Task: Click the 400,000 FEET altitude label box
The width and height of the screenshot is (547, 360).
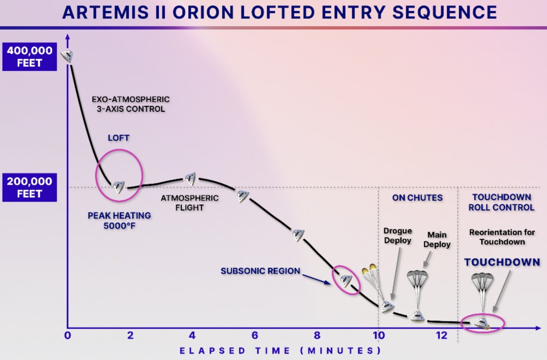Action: pos(30,56)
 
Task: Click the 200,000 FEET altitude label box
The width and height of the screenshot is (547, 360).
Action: pos(30,187)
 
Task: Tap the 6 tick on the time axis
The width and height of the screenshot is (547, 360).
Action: pos(255,335)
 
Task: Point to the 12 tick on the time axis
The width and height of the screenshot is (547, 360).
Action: pos(442,335)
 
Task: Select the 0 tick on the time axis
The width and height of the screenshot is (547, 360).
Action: pos(68,335)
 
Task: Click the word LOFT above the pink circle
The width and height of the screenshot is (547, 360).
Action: pos(119,138)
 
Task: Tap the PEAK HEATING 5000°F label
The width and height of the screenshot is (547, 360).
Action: pos(119,221)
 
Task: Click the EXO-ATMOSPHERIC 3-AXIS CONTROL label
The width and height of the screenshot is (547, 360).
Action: pos(131,104)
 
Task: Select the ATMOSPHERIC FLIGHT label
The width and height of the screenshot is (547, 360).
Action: pos(189,203)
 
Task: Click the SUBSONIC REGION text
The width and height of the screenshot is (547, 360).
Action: pos(260,271)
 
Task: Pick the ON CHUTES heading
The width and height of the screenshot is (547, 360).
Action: pos(417,198)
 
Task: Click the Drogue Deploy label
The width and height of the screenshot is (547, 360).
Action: pos(398,236)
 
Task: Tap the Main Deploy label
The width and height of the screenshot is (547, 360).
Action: pos(437,240)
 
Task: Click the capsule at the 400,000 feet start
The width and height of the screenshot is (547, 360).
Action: pos(67,56)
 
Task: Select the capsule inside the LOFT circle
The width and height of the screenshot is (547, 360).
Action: pos(119,187)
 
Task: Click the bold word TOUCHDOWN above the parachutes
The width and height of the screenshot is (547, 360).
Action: pos(502,262)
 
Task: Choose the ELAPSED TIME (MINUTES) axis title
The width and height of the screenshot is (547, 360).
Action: pos(280,351)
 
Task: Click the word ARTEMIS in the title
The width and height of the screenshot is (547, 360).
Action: pos(105,12)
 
